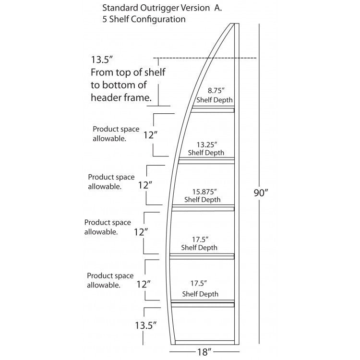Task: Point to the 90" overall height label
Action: click(260, 193)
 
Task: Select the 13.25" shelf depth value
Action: click(207, 144)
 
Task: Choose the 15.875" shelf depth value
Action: click(202, 191)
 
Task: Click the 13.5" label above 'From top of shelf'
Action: click(101, 60)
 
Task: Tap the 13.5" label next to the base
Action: click(144, 325)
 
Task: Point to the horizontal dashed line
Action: click(206, 59)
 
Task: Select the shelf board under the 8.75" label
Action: click(213, 110)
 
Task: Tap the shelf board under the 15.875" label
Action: click(203, 207)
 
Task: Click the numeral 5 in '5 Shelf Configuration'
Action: click(105, 20)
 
